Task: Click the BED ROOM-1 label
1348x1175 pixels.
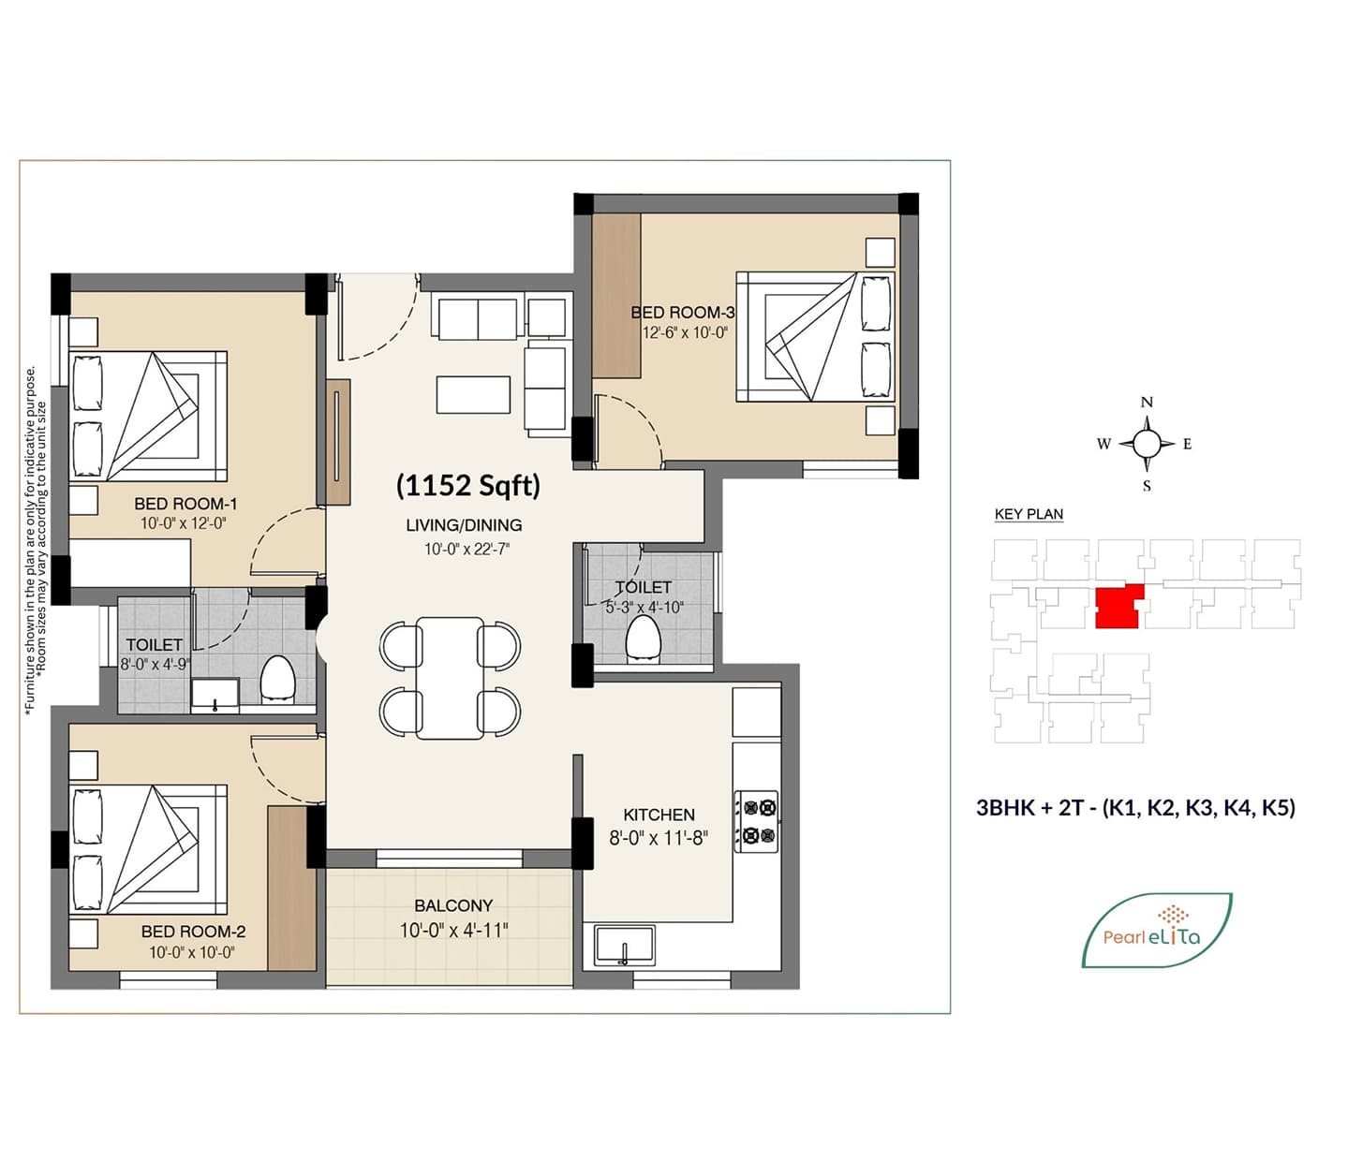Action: (185, 504)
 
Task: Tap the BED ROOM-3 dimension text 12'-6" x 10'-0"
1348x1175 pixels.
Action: (685, 332)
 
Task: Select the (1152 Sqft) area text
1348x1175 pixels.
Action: (467, 486)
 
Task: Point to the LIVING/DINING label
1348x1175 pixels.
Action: (464, 525)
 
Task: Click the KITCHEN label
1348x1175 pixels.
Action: (659, 815)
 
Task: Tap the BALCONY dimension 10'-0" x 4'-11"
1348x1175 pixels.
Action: (454, 930)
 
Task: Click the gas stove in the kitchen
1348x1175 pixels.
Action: (756, 821)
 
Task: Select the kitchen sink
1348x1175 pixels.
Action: (624, 946)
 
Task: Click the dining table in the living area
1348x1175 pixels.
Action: (450, 678)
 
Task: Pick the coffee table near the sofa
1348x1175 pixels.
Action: (473, 394)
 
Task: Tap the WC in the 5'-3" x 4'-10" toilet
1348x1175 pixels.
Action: (643, 638)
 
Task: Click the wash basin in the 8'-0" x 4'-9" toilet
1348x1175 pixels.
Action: (215, 696)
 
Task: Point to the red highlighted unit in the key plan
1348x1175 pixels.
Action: (1118, 606)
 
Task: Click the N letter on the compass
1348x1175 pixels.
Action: (1147, 403)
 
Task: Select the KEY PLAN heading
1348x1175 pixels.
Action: (1029, 514)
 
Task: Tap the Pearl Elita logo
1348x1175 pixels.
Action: (1157, 930)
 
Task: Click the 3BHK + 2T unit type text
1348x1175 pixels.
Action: (1135, 807)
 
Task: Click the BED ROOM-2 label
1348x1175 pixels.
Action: (193, 932)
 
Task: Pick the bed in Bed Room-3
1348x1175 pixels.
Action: (815, 336)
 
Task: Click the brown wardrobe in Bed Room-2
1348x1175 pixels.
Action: (291, 888)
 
